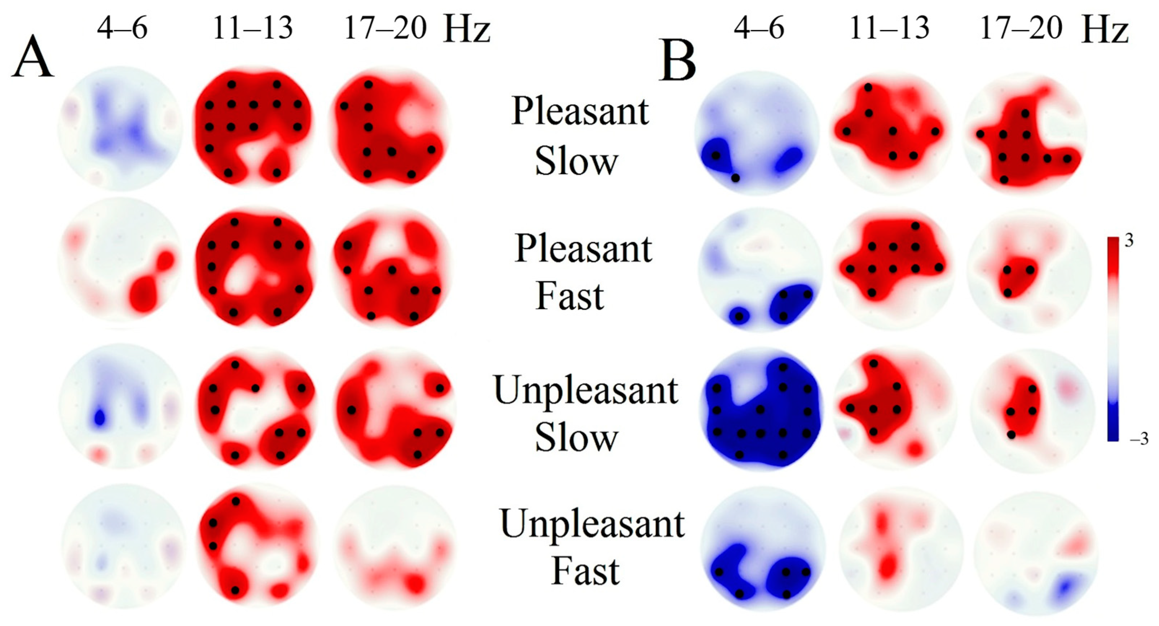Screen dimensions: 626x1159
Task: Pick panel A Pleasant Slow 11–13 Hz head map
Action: pos(253,127)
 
